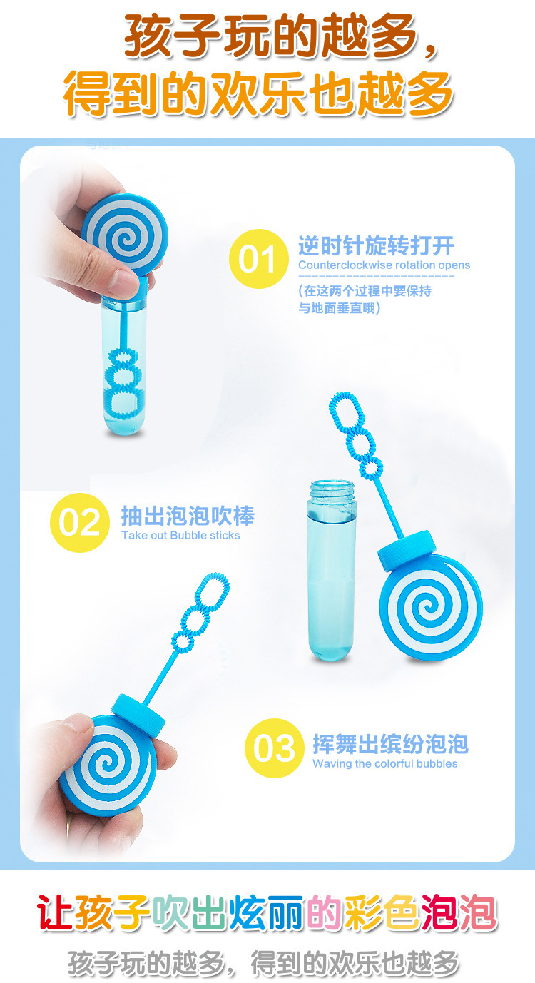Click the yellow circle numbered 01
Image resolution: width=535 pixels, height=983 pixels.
pyautogui.click(x=258, y=259)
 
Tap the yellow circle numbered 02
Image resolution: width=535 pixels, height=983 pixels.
pyautogui.click(x=78, y=523)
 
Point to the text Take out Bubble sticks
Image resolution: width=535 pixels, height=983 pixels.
pyautogui.click(x=180, y=536)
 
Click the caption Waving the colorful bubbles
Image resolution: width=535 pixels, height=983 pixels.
pyautogui.click(x=384, y=764)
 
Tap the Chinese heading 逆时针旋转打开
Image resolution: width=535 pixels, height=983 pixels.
pyautogui.click(x=375, y=246)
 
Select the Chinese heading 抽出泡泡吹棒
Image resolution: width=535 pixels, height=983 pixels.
pyautogui.click(x=187, y=516)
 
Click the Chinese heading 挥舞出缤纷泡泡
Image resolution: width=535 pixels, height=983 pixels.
pyautogui.click(x=390, y=744)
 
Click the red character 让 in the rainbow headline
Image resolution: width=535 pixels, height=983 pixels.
pyautogui.click(x=56, y=914)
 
